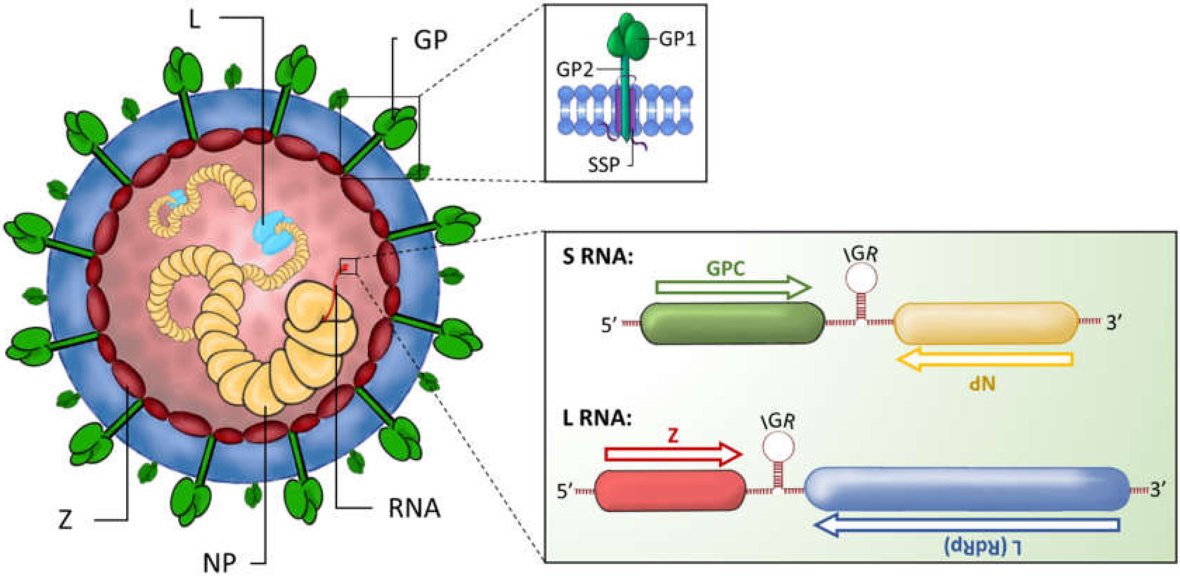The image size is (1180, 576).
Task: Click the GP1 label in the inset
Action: [x=677, y=39]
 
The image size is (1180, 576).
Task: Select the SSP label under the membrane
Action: [x=604, y=164]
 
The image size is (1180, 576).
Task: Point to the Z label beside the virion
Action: [x=65, y=520]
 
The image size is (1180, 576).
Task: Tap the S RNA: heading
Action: [x=597, y=257]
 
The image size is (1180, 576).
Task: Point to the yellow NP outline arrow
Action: [x=985, y=359]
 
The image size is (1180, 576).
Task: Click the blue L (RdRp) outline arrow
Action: [x=967, y=525]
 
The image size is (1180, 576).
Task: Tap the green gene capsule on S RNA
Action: [x=732, y=323]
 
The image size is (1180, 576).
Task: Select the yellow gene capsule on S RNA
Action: [x=986, y=323]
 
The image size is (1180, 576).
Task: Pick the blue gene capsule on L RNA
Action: [x=967, y=489]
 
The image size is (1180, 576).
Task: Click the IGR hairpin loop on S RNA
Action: [x=861, y=279]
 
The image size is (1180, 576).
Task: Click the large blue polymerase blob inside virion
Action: [x=270, y=233]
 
